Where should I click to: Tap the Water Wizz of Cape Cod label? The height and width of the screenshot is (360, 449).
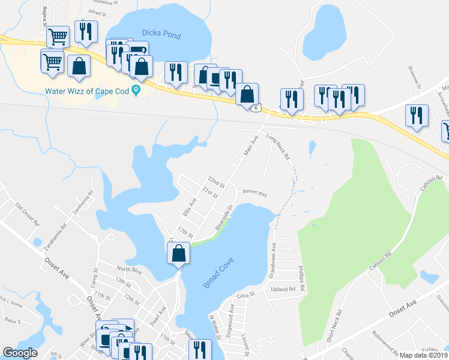(88, 91)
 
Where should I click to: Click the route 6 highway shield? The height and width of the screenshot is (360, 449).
(257, 108)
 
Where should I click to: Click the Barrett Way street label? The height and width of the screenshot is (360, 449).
(255, 194)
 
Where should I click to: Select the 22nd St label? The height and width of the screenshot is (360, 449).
(215, 181)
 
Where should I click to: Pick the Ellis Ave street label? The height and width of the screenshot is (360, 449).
(189, 207)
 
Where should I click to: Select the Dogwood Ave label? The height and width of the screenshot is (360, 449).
(232, 317)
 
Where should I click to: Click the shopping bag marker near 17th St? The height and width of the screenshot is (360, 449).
(179, 253)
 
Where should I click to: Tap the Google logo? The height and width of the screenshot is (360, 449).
(20, 353)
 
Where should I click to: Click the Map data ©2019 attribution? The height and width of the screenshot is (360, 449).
(424, 355)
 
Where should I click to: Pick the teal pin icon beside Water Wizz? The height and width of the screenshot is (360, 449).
(136, 91)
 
